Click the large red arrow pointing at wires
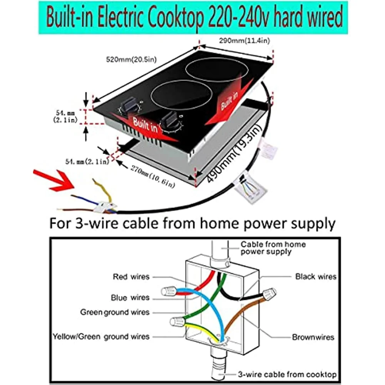54,181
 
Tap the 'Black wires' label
316,276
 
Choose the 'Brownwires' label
313,337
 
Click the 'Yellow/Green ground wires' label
101,336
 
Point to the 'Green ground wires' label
114,312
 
